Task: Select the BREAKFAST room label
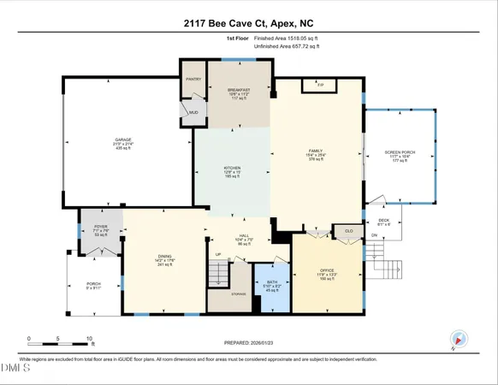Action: point(239,89)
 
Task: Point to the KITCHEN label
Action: point(233,168)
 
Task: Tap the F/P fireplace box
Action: point(321,86)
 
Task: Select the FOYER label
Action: point(100,226)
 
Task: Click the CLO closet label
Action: point(348,230)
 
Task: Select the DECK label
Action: point(383,220)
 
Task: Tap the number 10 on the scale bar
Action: point(89,339)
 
